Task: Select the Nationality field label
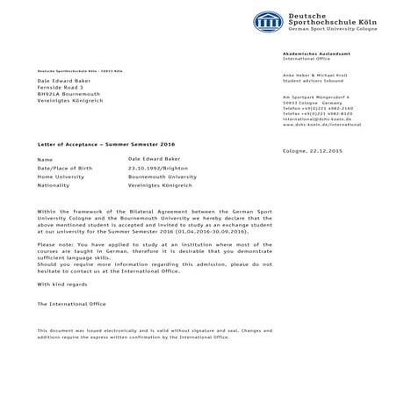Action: (x=54, y=185)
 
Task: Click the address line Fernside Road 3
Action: (x=61, y=88)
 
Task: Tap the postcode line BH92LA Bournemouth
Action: (x=68, y=96)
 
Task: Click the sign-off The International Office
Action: (x=71, y=303)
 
